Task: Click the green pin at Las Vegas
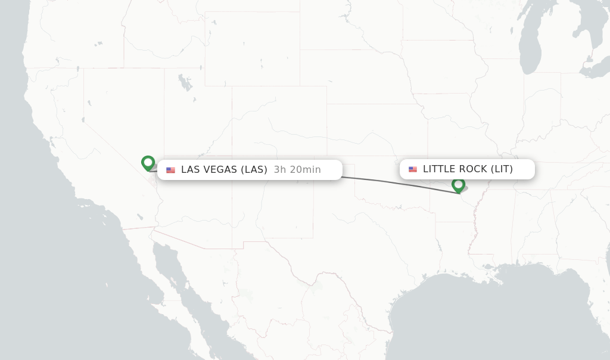pyautogui.click(x=148, y=162)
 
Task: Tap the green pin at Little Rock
pyautogui.click(x=458, y=185)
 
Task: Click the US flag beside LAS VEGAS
pyautogui.click(x=171, y=170)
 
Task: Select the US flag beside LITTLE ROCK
pyautogui.click(x=413, y=169)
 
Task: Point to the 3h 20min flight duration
pyautogui.click(x=297, y=170)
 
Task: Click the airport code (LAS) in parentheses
pyautogui.click(x=254, y=170)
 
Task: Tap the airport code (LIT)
pyautogui.click(x=502, y=169)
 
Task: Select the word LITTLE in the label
pyautogui.click(x=438, y=169)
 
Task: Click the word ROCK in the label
pyautogui.click(x=472, y=169)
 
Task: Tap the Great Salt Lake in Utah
pyautogui.click(x=186, y=83)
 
